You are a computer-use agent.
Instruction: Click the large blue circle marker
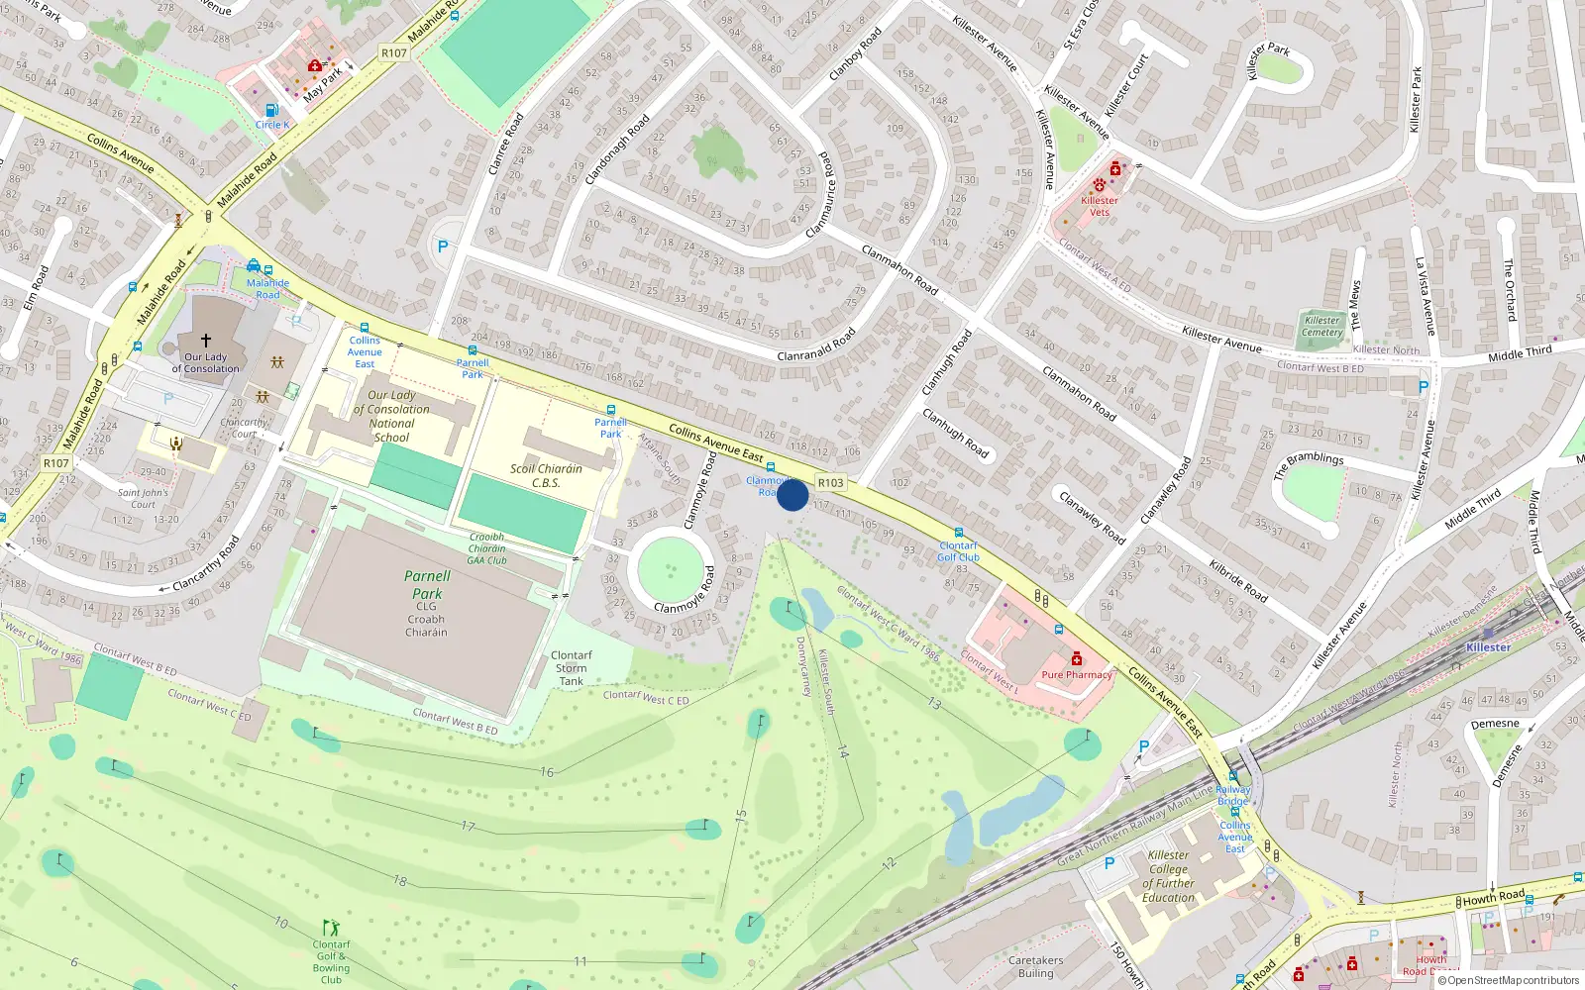792,495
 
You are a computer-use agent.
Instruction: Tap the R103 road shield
830,483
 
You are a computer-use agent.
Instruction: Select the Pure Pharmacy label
1077,675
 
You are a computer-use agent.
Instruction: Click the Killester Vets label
1100,206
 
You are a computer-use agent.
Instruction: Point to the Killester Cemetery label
1321,327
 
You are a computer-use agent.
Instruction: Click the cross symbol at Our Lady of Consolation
206,340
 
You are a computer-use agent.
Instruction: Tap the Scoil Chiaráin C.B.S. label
546,476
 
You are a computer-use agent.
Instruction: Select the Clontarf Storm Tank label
571,668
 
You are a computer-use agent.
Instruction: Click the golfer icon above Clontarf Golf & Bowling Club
331,928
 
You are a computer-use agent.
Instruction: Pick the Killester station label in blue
1488,647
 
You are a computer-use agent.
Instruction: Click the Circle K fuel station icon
272,111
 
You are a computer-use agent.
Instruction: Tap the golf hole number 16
547,772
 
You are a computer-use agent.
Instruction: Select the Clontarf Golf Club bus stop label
958,551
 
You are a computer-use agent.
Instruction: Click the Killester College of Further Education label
1168,876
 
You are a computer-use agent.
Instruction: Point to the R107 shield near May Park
393,53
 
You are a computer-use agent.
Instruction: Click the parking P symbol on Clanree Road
443,247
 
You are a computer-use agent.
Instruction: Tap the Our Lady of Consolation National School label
391,416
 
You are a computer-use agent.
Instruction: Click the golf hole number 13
934,703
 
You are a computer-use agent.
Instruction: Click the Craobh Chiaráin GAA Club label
486,548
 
